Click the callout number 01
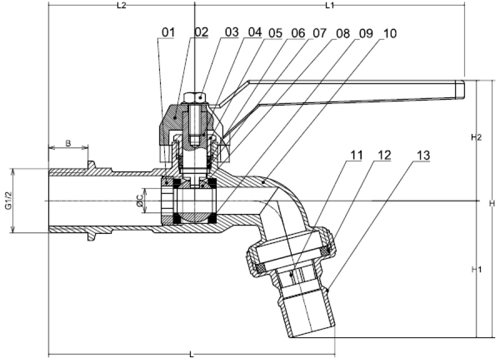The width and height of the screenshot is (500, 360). pos(168,32)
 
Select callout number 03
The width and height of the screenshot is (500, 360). pos(232,32)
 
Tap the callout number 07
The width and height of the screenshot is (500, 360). pos(319,33)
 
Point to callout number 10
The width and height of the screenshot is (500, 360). pos(389,33)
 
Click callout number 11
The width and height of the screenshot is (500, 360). pos(357,156)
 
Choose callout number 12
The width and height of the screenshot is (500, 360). pos(384,156)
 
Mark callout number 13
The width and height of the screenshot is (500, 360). pos(423,156)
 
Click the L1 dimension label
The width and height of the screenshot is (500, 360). pos(329,6)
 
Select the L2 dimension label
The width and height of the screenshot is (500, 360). pos(122,6)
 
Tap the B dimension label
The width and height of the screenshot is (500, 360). pos(68,143)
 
